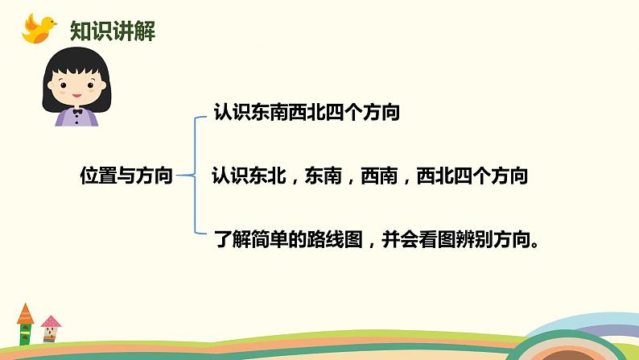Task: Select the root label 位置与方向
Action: pos(126,175)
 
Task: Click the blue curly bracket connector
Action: pos(194,175)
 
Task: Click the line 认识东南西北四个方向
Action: pos(307,112)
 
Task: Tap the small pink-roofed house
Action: pos(51,330)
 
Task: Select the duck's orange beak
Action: pos(56,23)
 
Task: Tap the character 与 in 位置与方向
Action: pos(126,175)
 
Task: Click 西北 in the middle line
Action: pos(435,175)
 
